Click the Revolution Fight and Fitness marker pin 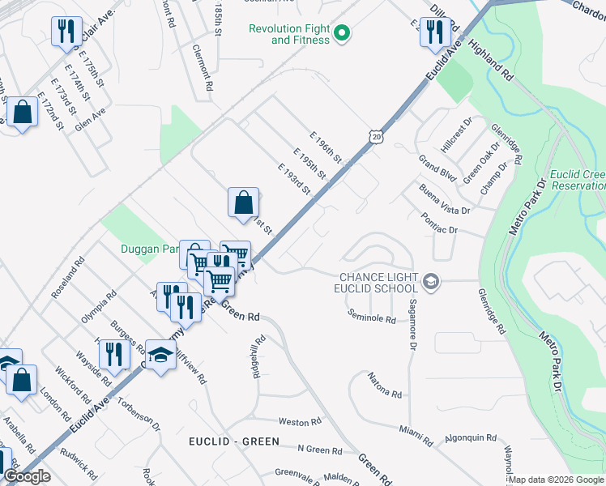tap(342, 33)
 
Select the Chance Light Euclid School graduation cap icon tap(431, 282)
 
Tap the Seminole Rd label tap(372, 316)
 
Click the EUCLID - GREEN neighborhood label tap(233, 441)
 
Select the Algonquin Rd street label tap(471, 438)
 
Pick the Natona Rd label tap(385, 386)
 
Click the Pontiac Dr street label tap(440, 224)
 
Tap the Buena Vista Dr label tap(445, 198)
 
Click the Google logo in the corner tap(28, 476)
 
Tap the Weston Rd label tap(294, 422)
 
